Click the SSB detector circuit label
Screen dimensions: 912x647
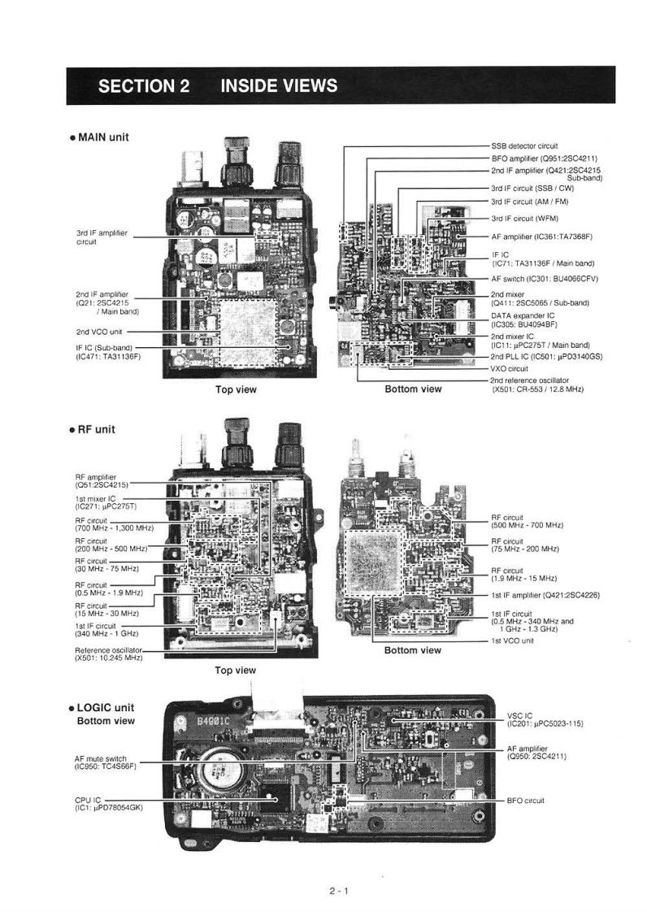click(524, 145)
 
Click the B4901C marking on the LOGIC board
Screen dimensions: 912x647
click(206, 719)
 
